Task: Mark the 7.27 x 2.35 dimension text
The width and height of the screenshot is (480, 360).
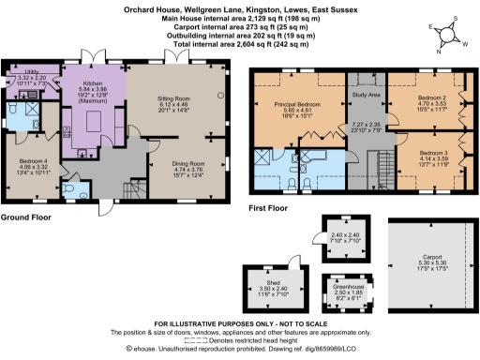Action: (365, 124)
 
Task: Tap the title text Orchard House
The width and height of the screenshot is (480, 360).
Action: (155, 6)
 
